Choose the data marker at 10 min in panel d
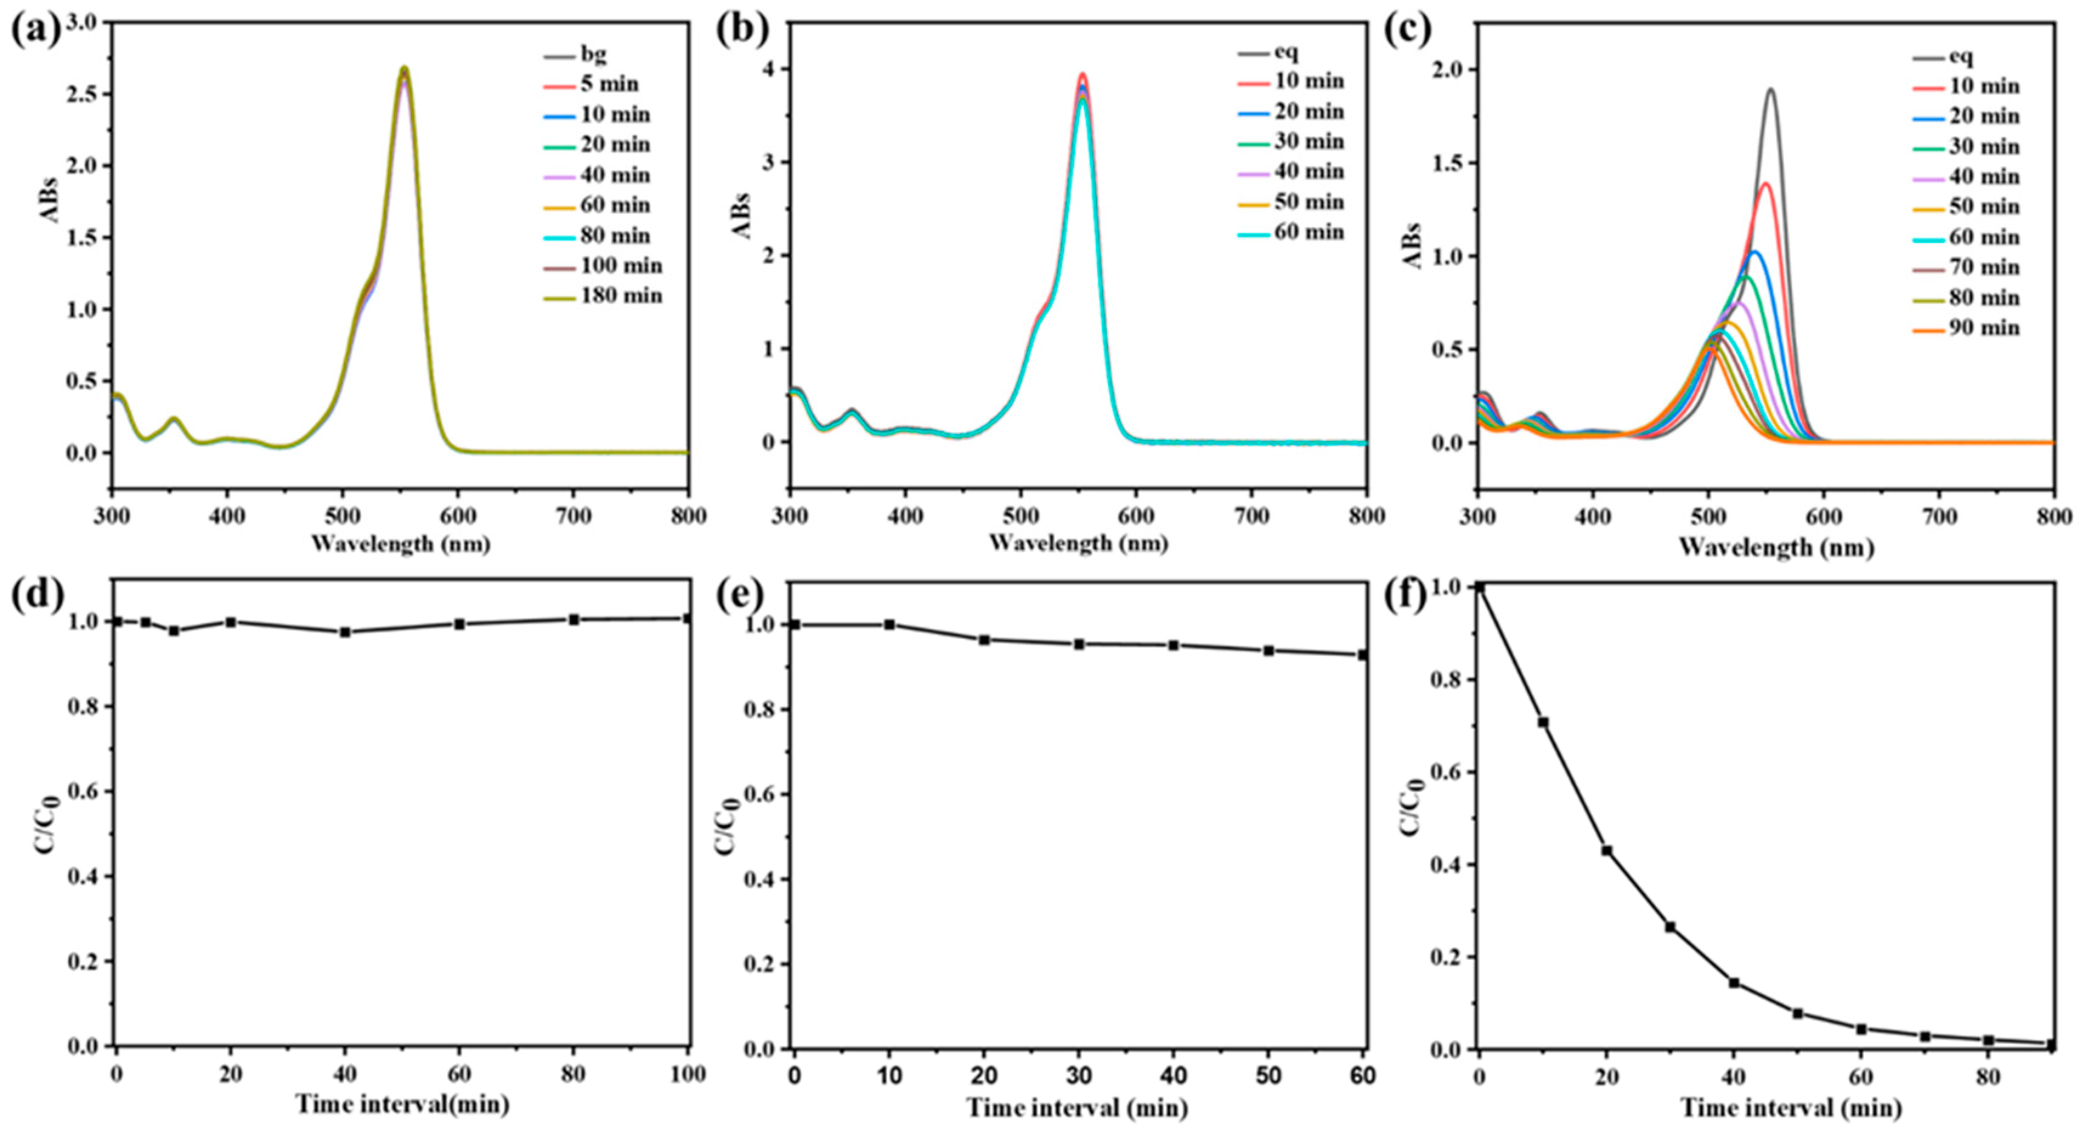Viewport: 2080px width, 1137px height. [174, 630]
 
